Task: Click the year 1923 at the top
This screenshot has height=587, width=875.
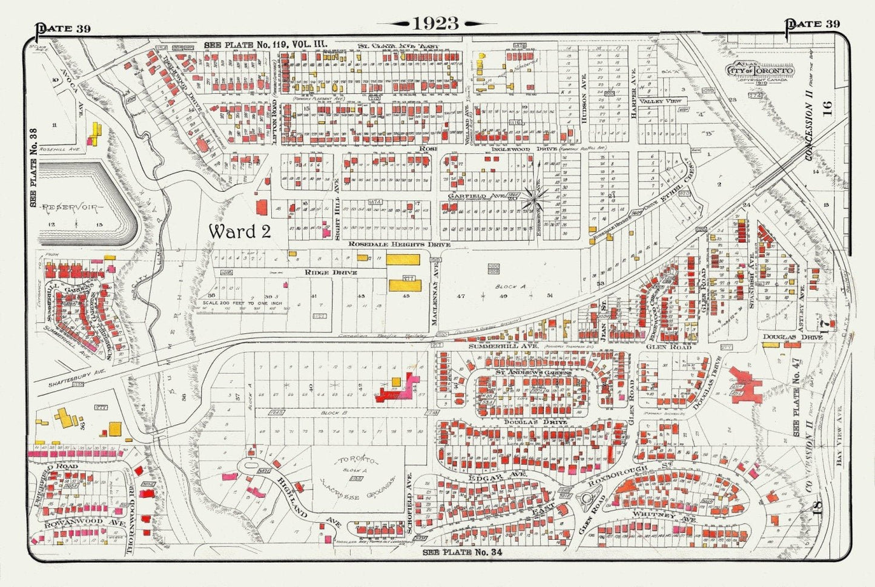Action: coord(435,23)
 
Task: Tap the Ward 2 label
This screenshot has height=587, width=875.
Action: coord(239,231)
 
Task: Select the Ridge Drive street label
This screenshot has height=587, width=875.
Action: coord(330,272)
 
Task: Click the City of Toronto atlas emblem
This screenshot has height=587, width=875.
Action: coord(761,70)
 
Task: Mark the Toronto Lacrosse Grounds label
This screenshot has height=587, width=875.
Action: coord(357,478)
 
